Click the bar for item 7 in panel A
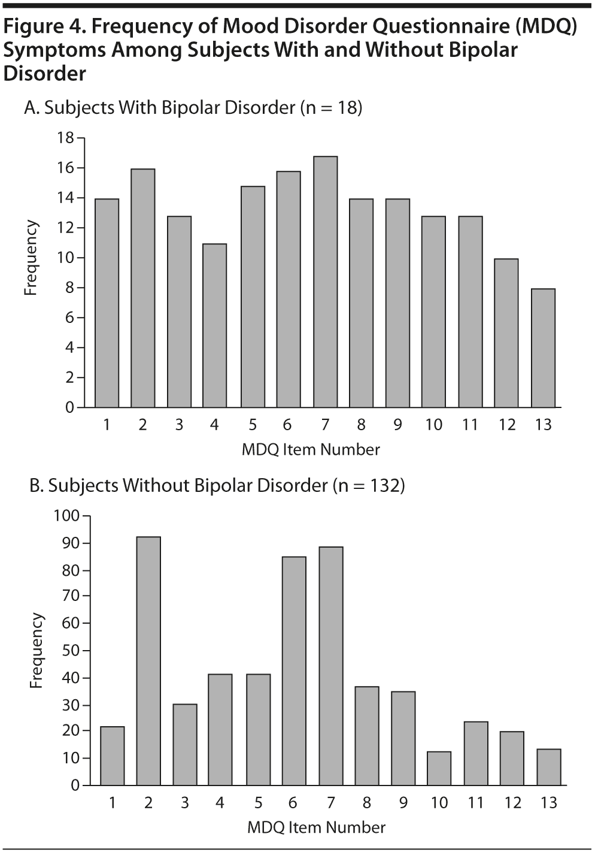tap(325, 282)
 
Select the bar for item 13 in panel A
tap(543, 348)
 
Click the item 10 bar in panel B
tap(439, 768)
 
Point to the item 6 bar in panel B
tap(294, 670)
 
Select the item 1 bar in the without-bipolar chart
tap(113, 756)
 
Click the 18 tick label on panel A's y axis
tap(65, 138)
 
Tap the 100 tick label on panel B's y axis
tap(66, 515)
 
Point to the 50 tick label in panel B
tap(71, 650)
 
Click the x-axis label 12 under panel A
tap(507, 425)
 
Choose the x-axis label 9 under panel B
tap(403, 802)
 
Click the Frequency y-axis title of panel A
tap(31, 258)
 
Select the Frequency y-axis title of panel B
tap(37, 650)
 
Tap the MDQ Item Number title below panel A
tap(311, 449)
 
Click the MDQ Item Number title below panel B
tap(317, 827)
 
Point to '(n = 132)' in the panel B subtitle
tap(369, 485)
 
